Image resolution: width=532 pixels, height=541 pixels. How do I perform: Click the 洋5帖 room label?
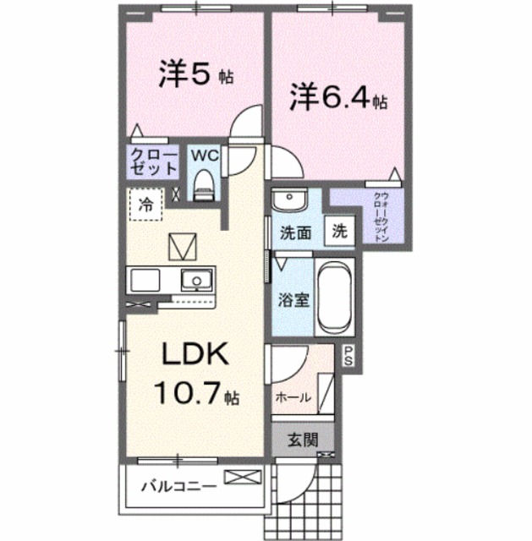195,75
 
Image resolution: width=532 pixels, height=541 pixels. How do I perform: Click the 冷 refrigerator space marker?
146,204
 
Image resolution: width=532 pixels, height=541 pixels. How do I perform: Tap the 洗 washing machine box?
338,231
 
